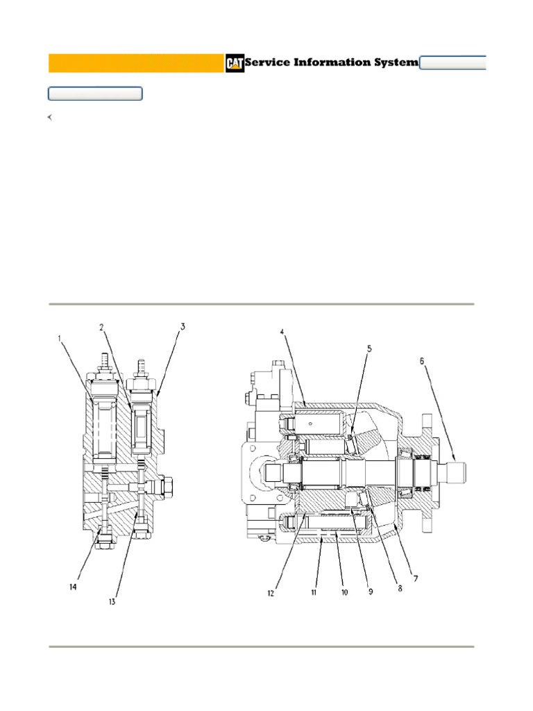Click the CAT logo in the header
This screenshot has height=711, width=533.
[x=235, y=63]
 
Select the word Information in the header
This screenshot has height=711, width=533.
[x=335, y=62]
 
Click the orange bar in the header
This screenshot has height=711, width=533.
[x=136, y=63]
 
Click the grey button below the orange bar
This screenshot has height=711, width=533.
[x=95, y=94]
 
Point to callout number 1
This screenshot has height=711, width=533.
[x=60, y=339]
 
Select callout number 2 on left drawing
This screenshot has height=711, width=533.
[x=101, y=327]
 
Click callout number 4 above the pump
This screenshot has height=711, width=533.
[x=282, y=332]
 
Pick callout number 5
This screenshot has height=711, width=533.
[x=369, y=349]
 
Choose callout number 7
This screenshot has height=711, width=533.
[x=416, y=578]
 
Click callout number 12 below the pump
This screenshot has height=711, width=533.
[x=271, y=594]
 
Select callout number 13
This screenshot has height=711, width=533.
[x=112, y=601]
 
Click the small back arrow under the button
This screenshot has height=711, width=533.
[x=50, y=117]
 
